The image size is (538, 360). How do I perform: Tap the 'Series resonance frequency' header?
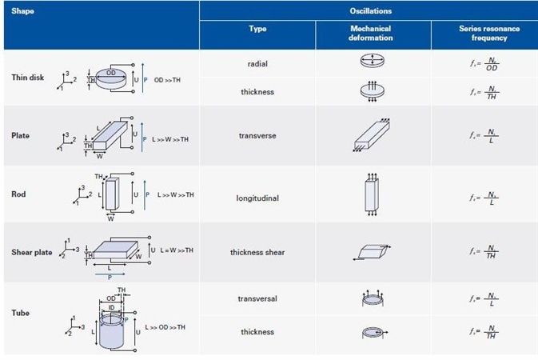coord(488,34)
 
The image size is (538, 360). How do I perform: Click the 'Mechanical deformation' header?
coord(371,34)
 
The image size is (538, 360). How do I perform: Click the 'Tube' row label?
coord(20,313)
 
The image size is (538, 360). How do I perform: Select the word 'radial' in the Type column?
coord(257,62)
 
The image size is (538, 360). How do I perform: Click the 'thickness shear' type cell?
coord(257,253)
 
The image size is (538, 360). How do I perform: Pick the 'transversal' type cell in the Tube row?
coord(257,298)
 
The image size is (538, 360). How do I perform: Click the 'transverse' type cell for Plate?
coord(257,136)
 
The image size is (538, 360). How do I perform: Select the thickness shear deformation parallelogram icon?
coord(371,251)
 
